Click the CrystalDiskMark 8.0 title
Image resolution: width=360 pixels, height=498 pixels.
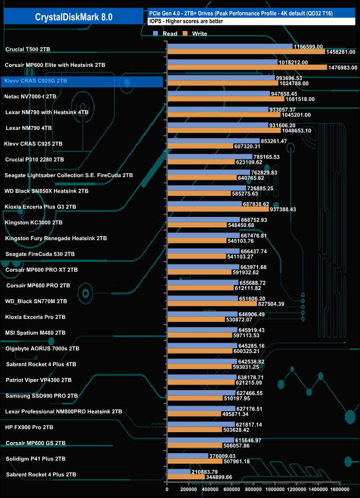[x=74, y=17]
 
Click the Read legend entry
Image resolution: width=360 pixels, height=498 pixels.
[x=167, y=34]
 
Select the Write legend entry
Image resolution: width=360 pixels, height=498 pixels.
[x=196, y=34]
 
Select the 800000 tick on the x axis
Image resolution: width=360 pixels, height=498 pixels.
[x=253, y=489]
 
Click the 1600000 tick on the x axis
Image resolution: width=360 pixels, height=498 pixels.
[x=339, y=489]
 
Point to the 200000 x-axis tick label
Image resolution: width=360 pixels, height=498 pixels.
[x=188, y=489]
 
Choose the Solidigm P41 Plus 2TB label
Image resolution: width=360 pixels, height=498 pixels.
[x=35, y=459]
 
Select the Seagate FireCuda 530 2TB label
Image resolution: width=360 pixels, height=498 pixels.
[x=39, y=254]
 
